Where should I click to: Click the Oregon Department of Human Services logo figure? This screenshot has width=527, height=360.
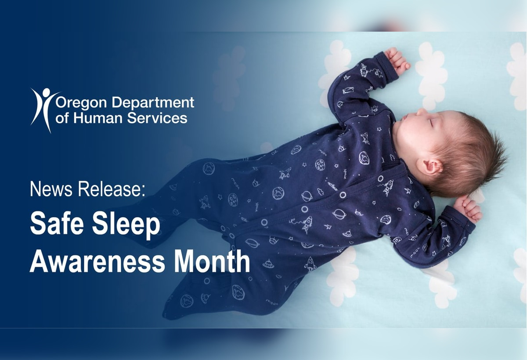[x=43, y=108]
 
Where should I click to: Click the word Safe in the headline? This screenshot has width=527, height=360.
[x=55, y=224]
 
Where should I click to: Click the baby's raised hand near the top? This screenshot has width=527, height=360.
[x=398, y=60]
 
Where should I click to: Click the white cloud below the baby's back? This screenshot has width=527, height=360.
[x=343, y=277]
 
